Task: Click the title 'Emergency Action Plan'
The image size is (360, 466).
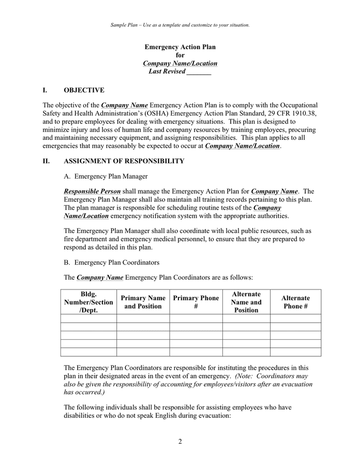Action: click(x=180, y=47)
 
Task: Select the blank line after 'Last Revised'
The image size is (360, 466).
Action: click(x=199, y=72)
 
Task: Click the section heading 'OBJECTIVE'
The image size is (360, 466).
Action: click(x=84, y=90)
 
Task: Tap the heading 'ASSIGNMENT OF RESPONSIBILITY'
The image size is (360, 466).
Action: click(x=124, y=161)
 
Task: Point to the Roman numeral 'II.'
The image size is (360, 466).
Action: click(x=47, y=161)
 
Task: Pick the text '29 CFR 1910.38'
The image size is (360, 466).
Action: click(x=292, y=113)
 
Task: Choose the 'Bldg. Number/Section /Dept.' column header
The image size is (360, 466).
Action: click(x=88, y=302)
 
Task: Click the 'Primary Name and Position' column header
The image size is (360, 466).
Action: click(x=143, y=302)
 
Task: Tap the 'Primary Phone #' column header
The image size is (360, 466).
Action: click(x=196, y=302)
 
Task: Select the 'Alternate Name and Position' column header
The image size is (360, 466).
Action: click(x=246, y=302)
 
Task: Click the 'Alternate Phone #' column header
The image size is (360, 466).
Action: click(x=295, y=302)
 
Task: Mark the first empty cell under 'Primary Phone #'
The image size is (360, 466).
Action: click(x=196, y=318)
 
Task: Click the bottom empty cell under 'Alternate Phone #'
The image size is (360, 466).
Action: click(x=295, y=352)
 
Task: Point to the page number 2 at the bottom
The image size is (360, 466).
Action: click(x=180, y=442)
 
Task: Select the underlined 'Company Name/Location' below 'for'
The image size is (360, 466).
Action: click(x=180, y=64)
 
